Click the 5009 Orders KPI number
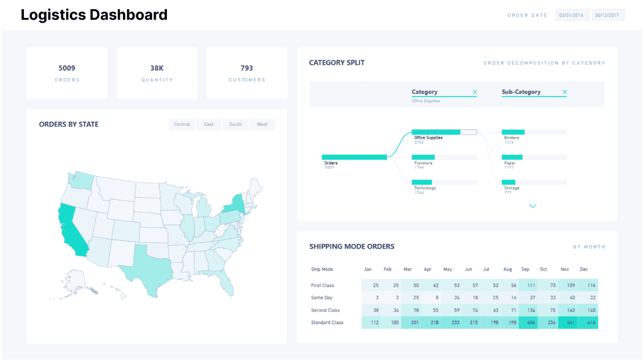[x=67, y=68]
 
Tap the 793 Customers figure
[x=246, y=68]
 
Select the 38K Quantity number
[x=156, y=68]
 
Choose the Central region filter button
[x=182, y=125]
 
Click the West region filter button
[x=262, y=125]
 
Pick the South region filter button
[x=235, y=125]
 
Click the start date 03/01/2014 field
[x=571, y=15]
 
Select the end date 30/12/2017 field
[x=608, y=15]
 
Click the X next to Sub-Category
[x=564, y=92]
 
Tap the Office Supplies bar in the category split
[x=436, y=132]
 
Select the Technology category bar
[x=422, y=182]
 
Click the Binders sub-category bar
[x=513, y=132]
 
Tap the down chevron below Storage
[x=532, y=206]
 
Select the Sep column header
[x=525, y=270]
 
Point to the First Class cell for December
[x=591, y=285]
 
